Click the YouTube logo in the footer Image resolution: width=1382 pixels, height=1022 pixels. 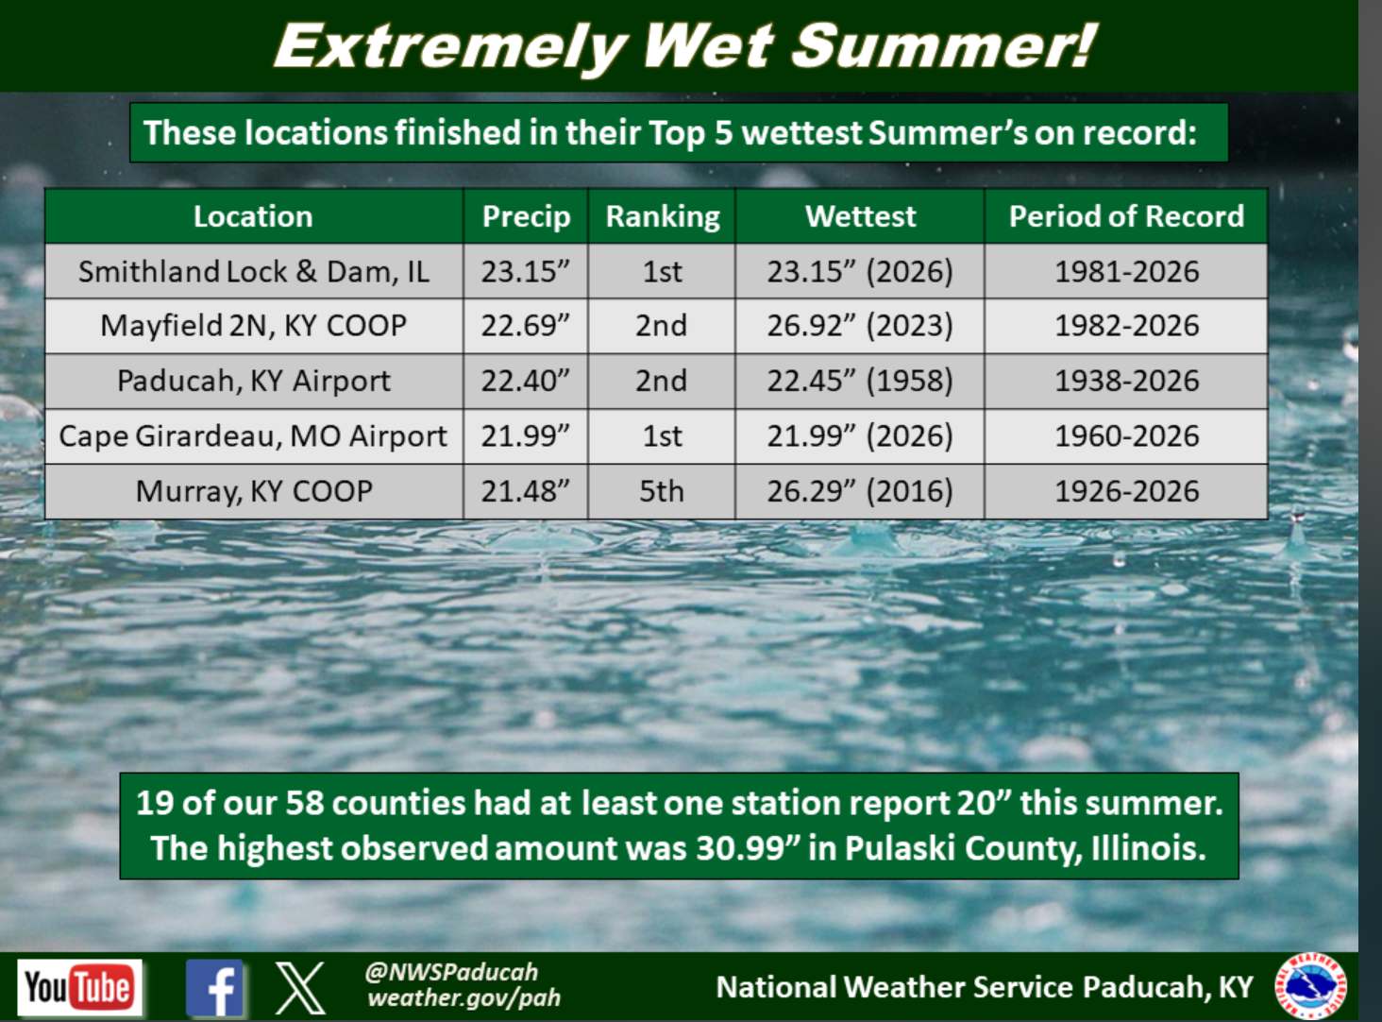click(79, 987)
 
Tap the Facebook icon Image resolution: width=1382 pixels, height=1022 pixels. click(214, 988)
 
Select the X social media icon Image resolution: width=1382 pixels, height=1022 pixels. click(299, 988)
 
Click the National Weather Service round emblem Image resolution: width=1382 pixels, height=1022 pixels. click(1310, 986)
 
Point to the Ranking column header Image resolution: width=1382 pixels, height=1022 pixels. click(662, 216)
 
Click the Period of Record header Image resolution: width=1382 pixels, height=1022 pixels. click(1126, 216)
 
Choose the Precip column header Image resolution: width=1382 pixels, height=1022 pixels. click(526, 216)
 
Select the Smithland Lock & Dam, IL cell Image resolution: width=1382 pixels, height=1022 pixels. click(254, 271)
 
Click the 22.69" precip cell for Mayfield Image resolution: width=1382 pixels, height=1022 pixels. click(525, 326)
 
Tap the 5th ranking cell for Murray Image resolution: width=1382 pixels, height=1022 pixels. click(662, 491)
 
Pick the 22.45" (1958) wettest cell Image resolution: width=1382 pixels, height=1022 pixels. click(860, 381)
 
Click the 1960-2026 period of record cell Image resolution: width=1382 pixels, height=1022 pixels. click(1126, 435)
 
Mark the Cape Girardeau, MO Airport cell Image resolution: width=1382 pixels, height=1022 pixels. click(254, 435)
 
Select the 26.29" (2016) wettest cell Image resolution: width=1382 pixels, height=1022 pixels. click(860, 491)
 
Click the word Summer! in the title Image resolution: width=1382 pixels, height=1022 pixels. click(943, 46)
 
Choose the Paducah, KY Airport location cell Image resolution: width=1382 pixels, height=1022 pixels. click(254, 381)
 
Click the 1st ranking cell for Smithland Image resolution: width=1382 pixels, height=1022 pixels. click(662, 271)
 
